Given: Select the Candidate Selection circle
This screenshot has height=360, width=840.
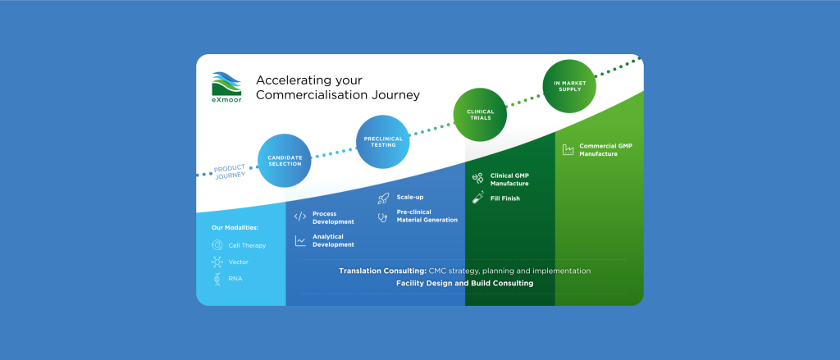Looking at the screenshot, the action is (x=285, y=161).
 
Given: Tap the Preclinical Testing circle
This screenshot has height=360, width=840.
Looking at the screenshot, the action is (x=383, y=142).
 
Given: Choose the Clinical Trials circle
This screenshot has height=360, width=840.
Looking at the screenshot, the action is (x=480, y=115).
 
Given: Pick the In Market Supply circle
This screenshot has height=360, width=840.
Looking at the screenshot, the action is (x=569, y=86).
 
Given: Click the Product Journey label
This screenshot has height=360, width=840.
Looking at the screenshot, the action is (x=231, y=172).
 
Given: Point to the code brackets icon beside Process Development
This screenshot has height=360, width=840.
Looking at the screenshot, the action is (x=300, y=217).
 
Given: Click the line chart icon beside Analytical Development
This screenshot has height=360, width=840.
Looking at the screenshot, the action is (x=300, y=240).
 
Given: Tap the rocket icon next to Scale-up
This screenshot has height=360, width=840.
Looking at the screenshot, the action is (x=383, y=198).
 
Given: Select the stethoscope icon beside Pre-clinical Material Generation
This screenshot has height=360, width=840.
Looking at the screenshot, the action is (x=382, y=217).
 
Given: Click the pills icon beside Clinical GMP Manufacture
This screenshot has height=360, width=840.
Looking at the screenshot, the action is (x=478, y=179).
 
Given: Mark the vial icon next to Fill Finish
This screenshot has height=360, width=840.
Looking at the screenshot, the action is (x=478, y=197).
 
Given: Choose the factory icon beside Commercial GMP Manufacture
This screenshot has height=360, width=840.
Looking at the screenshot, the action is (x=568, y=149).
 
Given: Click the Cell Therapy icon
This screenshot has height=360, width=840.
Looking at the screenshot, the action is (x=217, y=245).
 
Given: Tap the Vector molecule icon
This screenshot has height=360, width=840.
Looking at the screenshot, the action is (x=217, y=262).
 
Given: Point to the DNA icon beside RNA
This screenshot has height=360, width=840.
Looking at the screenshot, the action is (x=217, y=279).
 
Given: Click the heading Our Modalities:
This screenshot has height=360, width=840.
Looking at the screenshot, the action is (x=235, y=228).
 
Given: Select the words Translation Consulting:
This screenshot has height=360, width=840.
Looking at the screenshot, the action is (x=382, y=271).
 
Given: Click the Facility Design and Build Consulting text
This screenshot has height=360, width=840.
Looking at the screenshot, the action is (x=464, y=284).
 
